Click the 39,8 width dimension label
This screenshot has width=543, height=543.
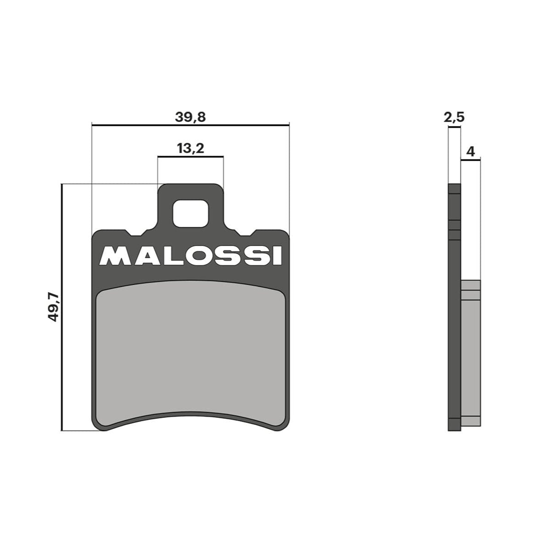pos(190,117)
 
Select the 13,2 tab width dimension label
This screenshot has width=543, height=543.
pos(190,149)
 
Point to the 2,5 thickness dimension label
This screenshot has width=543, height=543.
pos(454,118)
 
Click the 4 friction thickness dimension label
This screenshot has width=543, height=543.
pos(470,151)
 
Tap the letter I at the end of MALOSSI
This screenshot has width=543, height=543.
pos(277,257)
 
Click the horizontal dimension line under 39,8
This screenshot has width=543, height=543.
pos(190,124)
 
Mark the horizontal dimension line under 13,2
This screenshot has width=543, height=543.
pos(190,157)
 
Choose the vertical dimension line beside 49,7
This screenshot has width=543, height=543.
pos(61,307)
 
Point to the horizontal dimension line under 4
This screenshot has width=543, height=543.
pos(470,160)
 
